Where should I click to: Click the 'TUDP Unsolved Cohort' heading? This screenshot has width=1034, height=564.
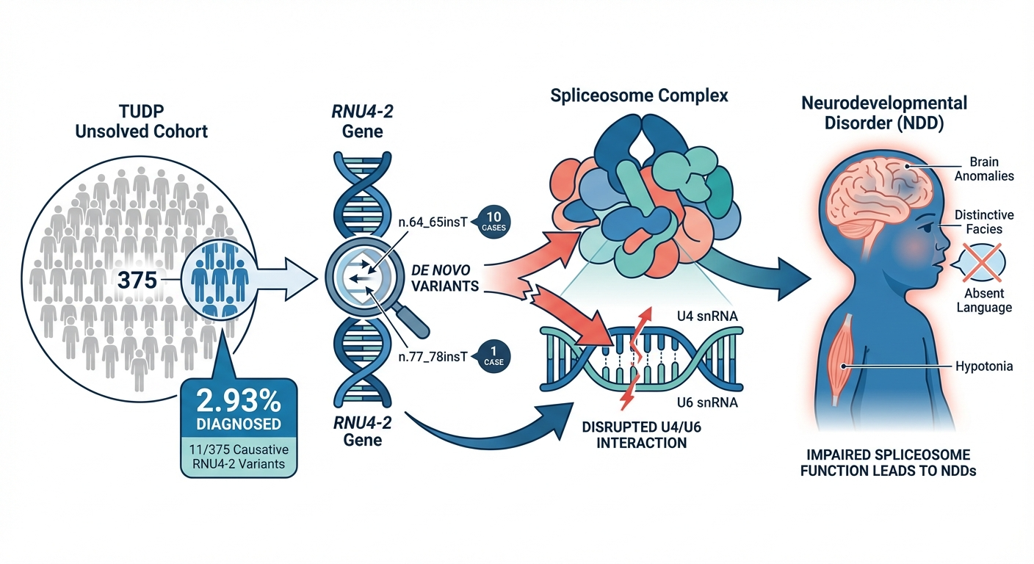(142, 123)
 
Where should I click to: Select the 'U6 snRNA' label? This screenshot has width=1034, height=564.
(706, 403)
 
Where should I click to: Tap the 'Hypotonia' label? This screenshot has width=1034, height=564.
(983, 366)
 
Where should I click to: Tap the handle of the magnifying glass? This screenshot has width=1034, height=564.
(413, 319)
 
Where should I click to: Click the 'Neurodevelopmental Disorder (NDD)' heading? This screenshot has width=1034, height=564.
(883, 112)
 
